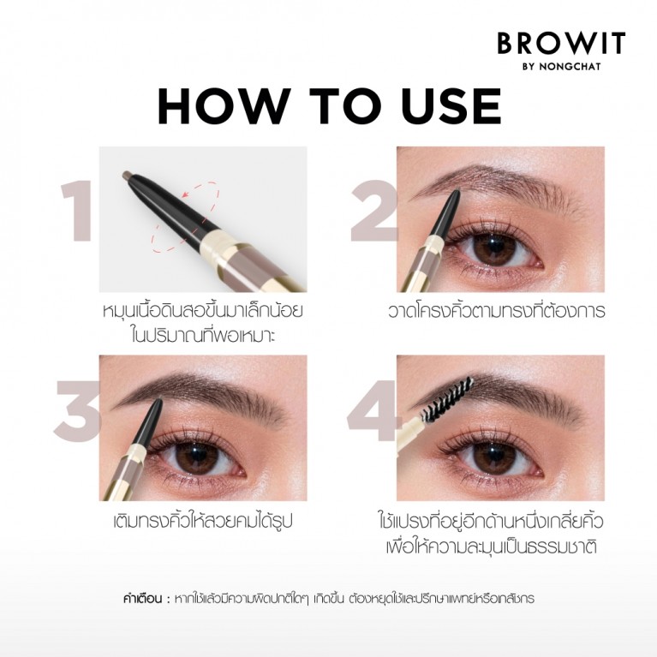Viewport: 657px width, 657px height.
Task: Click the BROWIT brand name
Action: tap(561, 43)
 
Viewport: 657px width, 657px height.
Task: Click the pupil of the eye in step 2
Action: tap(492, 248)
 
